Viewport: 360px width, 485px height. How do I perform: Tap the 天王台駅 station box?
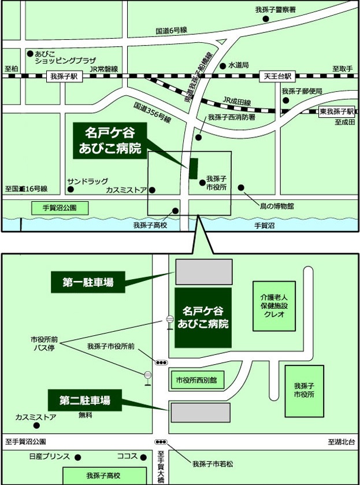tap(279, 76)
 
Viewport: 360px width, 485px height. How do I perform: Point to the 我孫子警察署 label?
tap(276, 10)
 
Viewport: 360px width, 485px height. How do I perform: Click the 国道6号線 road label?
tap(171, 30)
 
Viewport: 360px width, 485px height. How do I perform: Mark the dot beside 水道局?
tap(224, 65)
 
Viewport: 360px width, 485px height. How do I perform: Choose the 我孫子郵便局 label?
tap(302, 91)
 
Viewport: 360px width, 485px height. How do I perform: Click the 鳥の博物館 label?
tap(275, 206)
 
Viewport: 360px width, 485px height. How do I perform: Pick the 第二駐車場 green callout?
tap(84, 399)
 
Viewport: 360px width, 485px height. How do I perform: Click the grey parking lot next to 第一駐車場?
tap(204, 271)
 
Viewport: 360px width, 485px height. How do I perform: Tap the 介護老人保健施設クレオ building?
tap(274, 306)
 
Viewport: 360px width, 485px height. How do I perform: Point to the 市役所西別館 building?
tap(196, 380)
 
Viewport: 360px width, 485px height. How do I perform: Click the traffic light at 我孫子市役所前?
tap(161, 362)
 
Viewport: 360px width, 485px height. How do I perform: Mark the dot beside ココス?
tap(142, 456)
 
